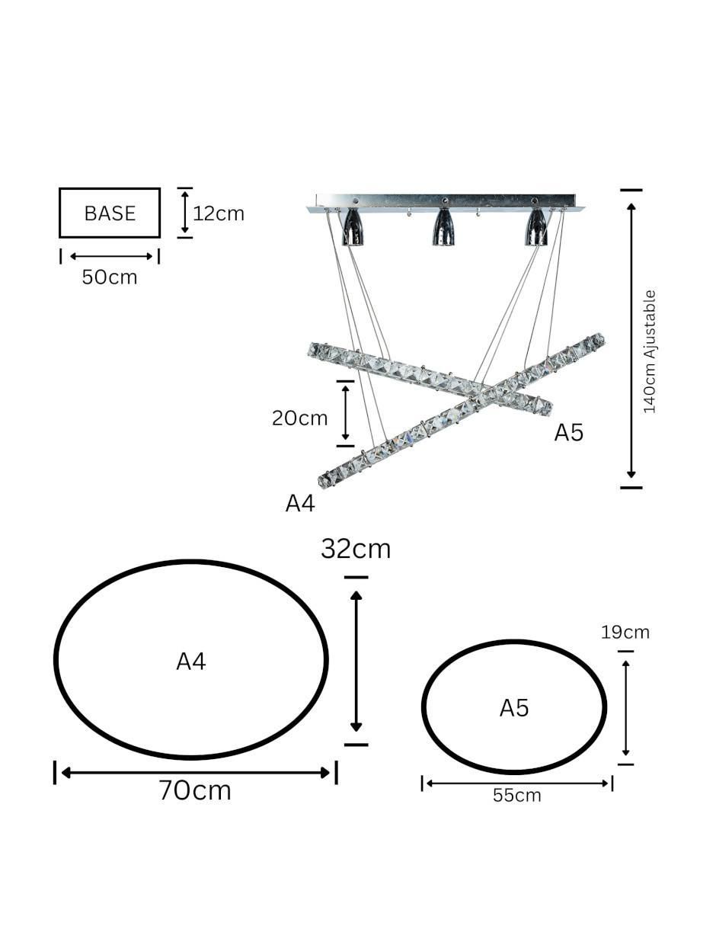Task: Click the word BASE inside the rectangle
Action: coord(110,213)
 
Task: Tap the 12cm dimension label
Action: coord(219,214)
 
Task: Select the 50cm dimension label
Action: coord(110,277)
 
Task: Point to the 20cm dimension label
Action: coord(299,418)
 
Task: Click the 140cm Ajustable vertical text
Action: coord(649,351)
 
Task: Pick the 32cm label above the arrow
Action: coord(356,549)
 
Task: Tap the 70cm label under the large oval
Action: coord(195,790)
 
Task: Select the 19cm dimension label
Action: coord(625,633)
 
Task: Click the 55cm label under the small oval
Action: coord(516,796)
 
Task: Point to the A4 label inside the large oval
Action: coord(191,662)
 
